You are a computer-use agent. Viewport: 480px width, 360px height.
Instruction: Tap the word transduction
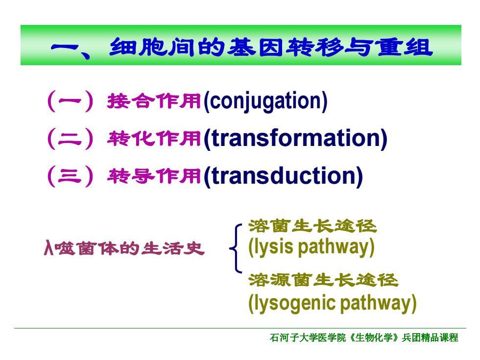click(x=284, y=176)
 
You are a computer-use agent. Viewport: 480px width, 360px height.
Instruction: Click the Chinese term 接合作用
click(x=154, y=101)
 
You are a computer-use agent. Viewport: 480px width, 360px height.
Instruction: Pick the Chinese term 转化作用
click(x=154, y=138)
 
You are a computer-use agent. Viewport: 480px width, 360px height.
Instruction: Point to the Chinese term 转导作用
click(x=154, y=176)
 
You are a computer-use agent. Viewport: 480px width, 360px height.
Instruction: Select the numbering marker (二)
click(x=70, y=139)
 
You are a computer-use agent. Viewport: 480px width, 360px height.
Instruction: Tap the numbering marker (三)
click(x=70, y=176)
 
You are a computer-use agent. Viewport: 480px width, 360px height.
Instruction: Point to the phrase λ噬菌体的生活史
click(x=124, y=248)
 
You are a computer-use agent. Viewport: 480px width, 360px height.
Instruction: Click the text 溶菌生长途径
click(x=312, y=226)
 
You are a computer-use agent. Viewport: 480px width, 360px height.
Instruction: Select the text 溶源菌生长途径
click(x=323, y=280)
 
